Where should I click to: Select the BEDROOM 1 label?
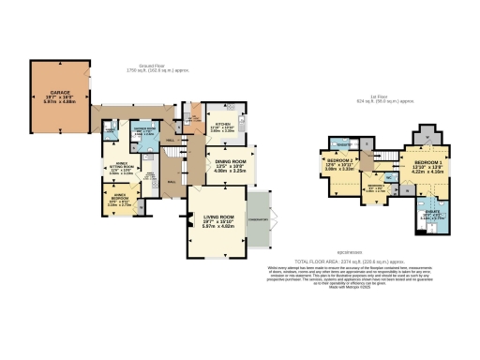click(427, 163)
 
